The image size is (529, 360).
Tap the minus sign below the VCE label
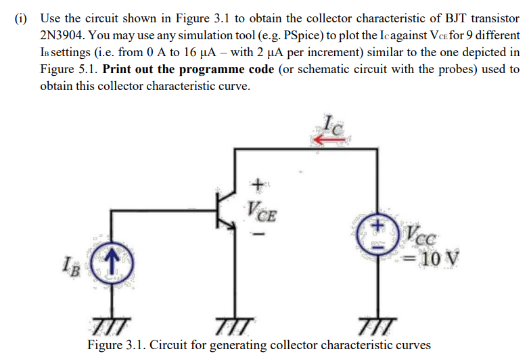[x=256, y=235]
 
